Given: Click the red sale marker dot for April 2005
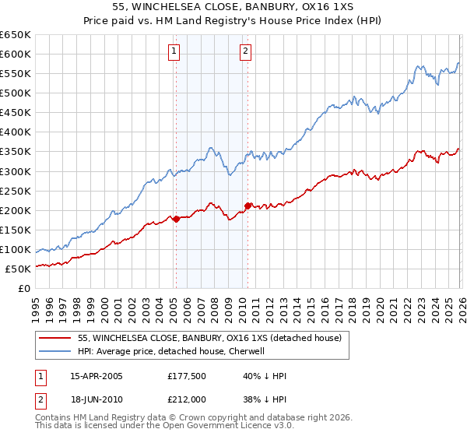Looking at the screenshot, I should pyautogui.click(x=176, y=219).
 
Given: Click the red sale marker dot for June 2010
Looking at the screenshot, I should pyautogui.click(x=248, y=206).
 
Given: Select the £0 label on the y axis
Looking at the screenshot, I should pyautogui.click(x=23, y=289).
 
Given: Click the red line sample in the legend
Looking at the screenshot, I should pyautogui.click(x=56, y=338).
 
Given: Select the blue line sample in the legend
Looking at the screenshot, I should pyautogui.click(x=56, y=351).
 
